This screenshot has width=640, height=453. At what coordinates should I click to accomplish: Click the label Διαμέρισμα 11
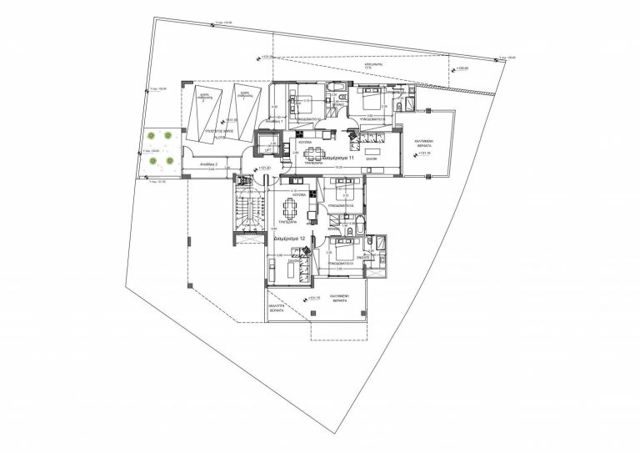340,157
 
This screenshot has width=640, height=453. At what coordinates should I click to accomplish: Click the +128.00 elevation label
460,69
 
